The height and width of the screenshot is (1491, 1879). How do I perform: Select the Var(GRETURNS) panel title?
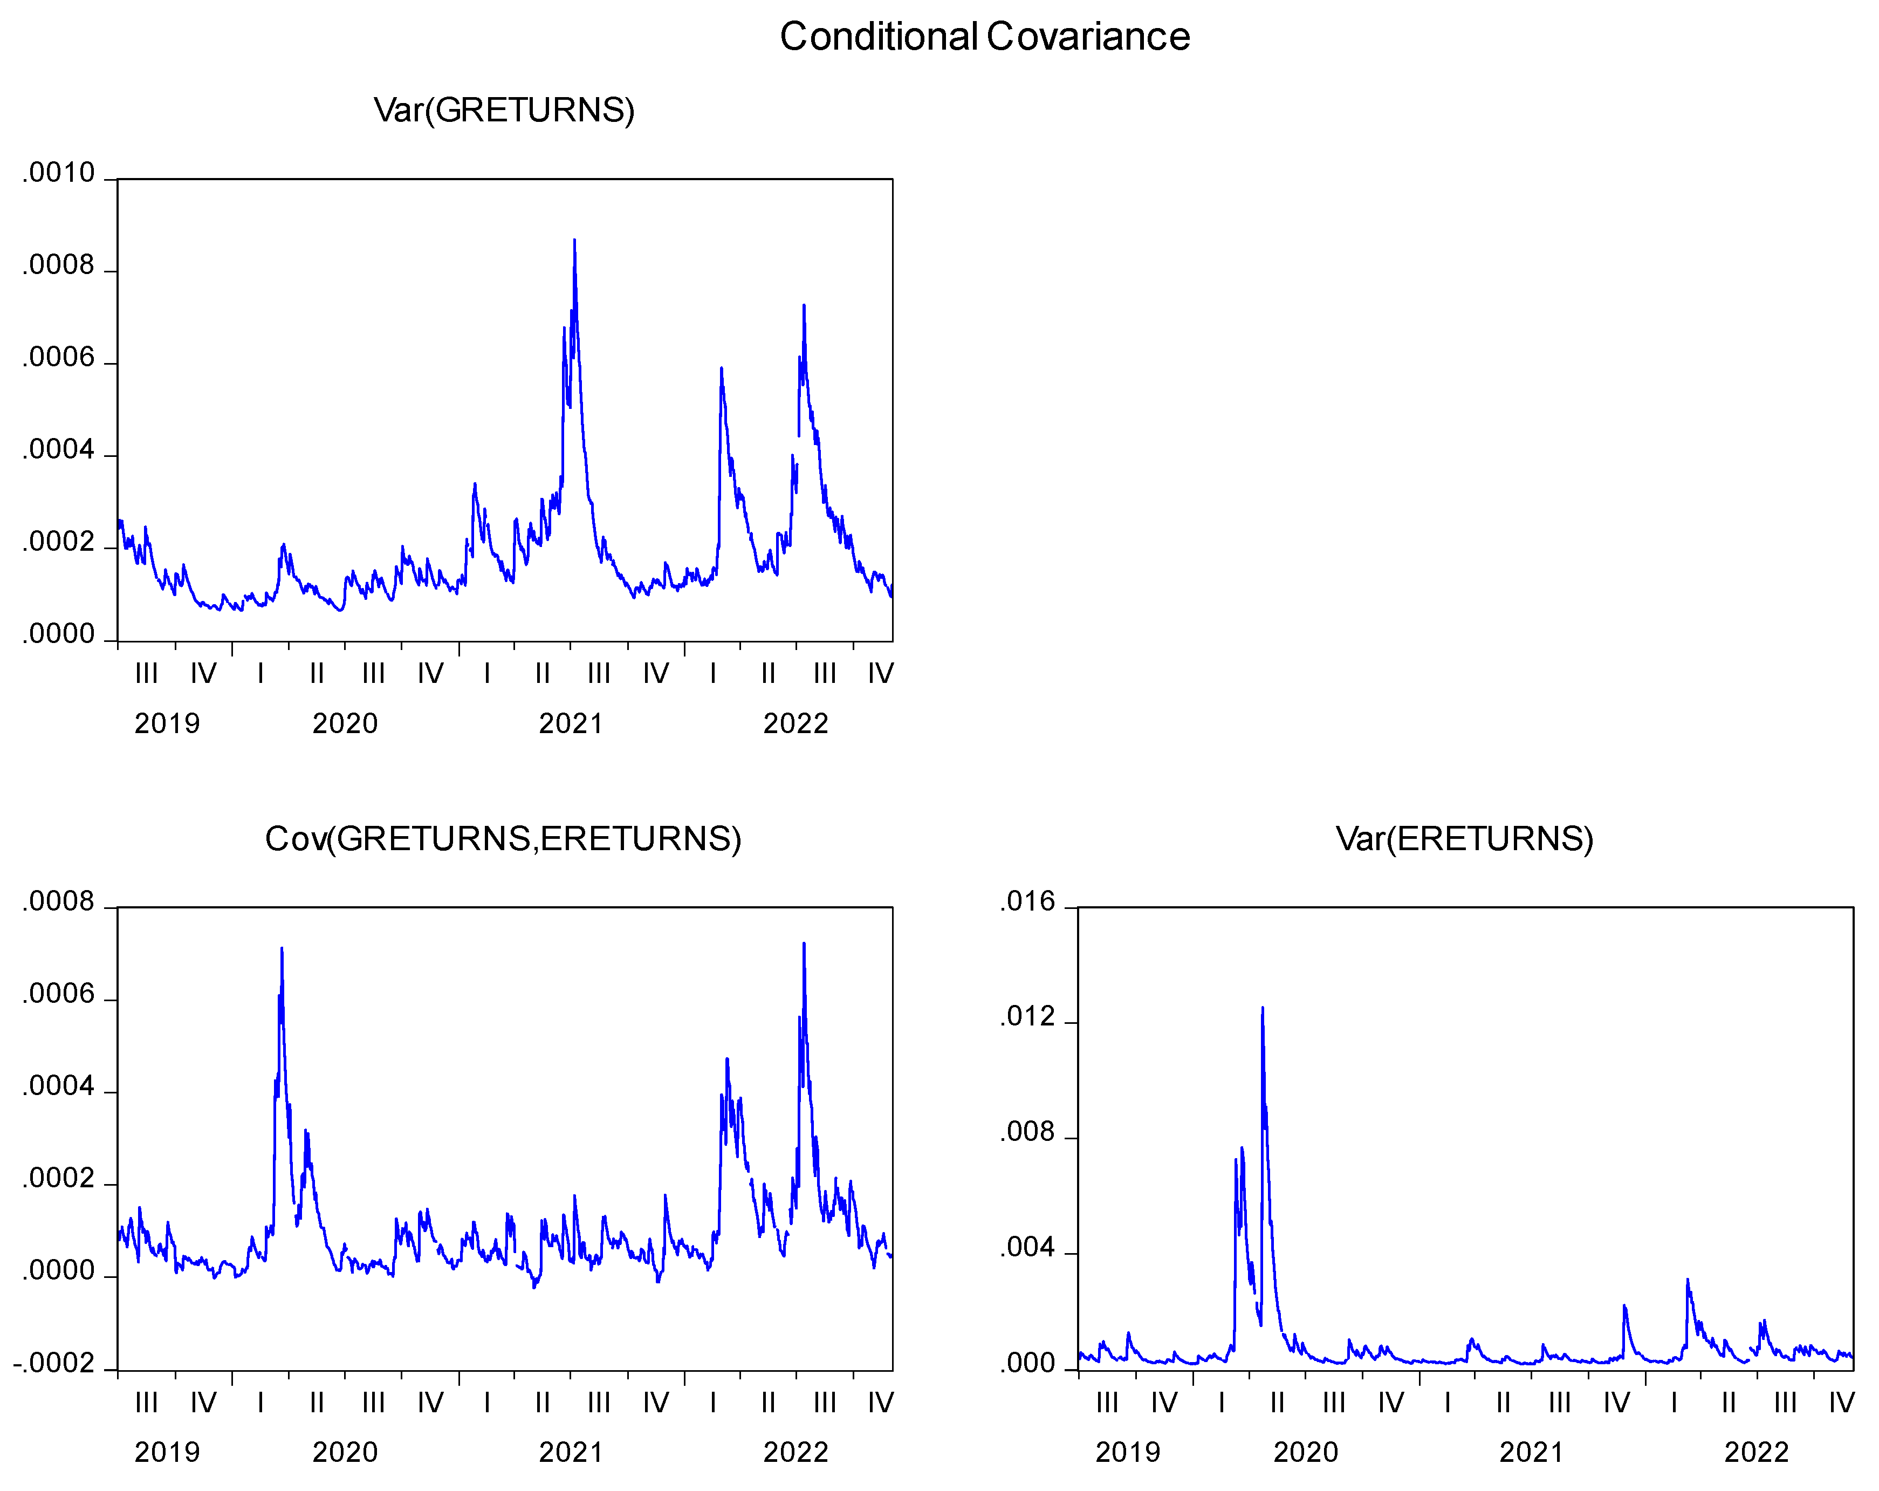pyautogui.click(x=504, y=110)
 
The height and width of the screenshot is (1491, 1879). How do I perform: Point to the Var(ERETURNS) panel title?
pyautogui.click(x=1464, y=839)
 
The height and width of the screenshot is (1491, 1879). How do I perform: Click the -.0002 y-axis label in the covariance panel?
pyautogui.click(x=54, y=1363)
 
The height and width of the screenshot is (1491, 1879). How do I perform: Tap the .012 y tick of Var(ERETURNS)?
pyautogui.click(x=1027, y=1017)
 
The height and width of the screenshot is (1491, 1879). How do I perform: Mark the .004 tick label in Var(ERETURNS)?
pyautogui.click(x=1027, y=1248)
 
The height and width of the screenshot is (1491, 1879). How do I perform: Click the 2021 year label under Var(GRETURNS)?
pyautogui.click(x=571, y=724)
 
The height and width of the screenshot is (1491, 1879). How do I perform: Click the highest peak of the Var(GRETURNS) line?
pyautogui.click(x=574, y=240)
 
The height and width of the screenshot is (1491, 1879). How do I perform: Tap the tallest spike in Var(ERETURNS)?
pyautogui.click(x=1263, y=1009)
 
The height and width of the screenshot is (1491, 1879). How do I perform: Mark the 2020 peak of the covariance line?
pyautogui.click(x=282, y=949)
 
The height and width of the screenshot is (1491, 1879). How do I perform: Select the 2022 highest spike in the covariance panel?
pyautogui.click(x=804, y=943)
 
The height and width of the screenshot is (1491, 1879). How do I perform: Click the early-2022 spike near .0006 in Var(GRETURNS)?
pyautogui.click(x=722, y=369)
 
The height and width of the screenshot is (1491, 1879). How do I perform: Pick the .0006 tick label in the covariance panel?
pyautogui.click(x=58, y=994)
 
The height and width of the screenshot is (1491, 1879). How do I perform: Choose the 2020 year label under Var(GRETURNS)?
pyautogui.click(x=345, y=724)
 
